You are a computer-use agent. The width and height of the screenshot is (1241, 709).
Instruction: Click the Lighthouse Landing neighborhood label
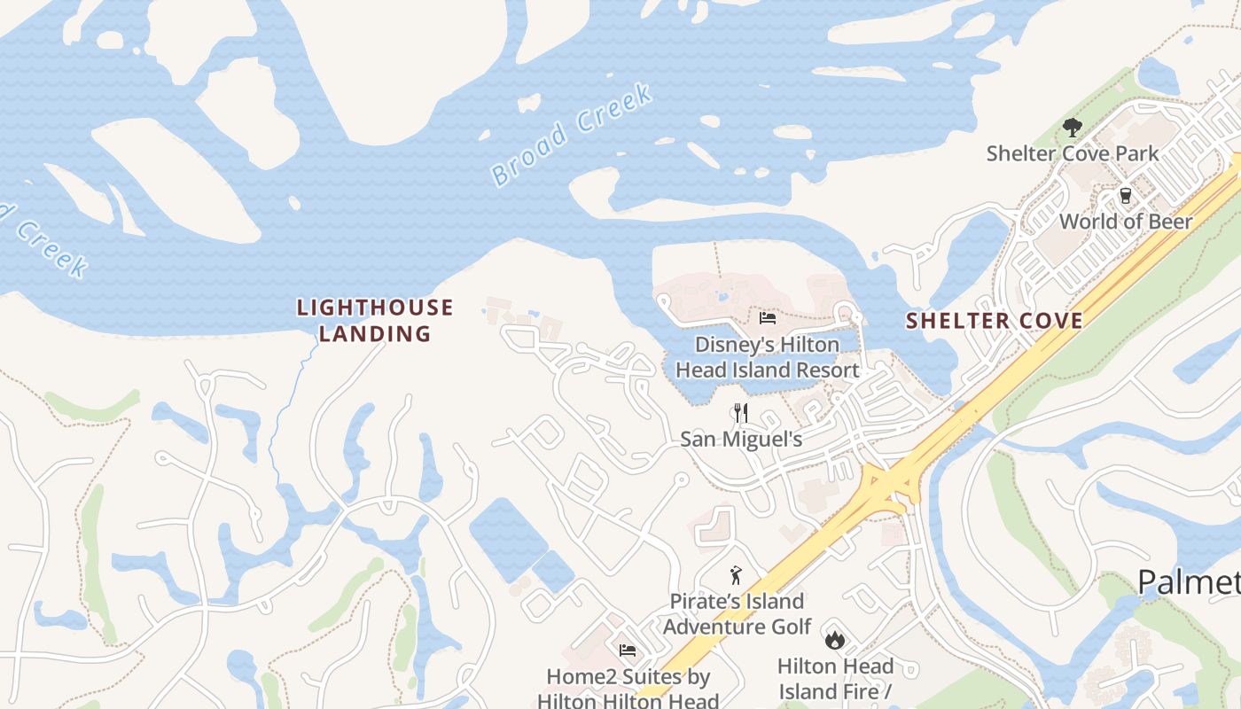click(x=375, y=320)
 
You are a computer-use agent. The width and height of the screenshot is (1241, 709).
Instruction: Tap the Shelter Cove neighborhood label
click(x=994, y=321)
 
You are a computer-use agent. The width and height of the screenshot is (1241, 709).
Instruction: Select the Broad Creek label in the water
click(x=572, y=134)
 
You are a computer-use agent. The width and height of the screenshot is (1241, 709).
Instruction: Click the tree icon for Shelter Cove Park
click(x=1072, y=128)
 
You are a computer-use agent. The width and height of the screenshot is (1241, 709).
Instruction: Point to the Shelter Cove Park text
click(x=1073, y=153)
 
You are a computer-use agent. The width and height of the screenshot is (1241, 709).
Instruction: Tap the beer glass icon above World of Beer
click(x=1126, y=196)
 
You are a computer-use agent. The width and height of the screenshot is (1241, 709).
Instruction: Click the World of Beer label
click(x=1126, y=221)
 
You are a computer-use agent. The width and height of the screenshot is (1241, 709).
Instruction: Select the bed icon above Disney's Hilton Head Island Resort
click(x=768, y=318)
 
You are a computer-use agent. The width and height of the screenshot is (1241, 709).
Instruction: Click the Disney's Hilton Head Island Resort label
click(x=768, y=356)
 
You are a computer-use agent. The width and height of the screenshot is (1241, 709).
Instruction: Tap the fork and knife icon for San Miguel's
click(x=741, y=413)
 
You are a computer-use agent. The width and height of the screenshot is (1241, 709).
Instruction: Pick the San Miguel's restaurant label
click(x=741, y=439)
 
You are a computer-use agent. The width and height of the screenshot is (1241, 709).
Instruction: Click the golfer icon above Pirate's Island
click(x=735, y=576)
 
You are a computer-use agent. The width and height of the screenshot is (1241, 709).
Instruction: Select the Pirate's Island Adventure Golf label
click(x=737, y=613)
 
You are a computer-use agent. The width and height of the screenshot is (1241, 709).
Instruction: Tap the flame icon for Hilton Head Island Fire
click(x=834, y=639)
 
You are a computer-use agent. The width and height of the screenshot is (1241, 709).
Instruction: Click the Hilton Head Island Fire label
click(x=834, y=679)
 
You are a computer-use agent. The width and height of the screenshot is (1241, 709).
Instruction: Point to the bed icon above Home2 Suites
click(x=628, y=651)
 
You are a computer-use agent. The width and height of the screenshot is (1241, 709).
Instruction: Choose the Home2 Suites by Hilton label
click(x=628, y=688)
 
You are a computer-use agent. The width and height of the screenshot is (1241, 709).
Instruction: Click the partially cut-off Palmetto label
click(x=1188, y=582)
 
